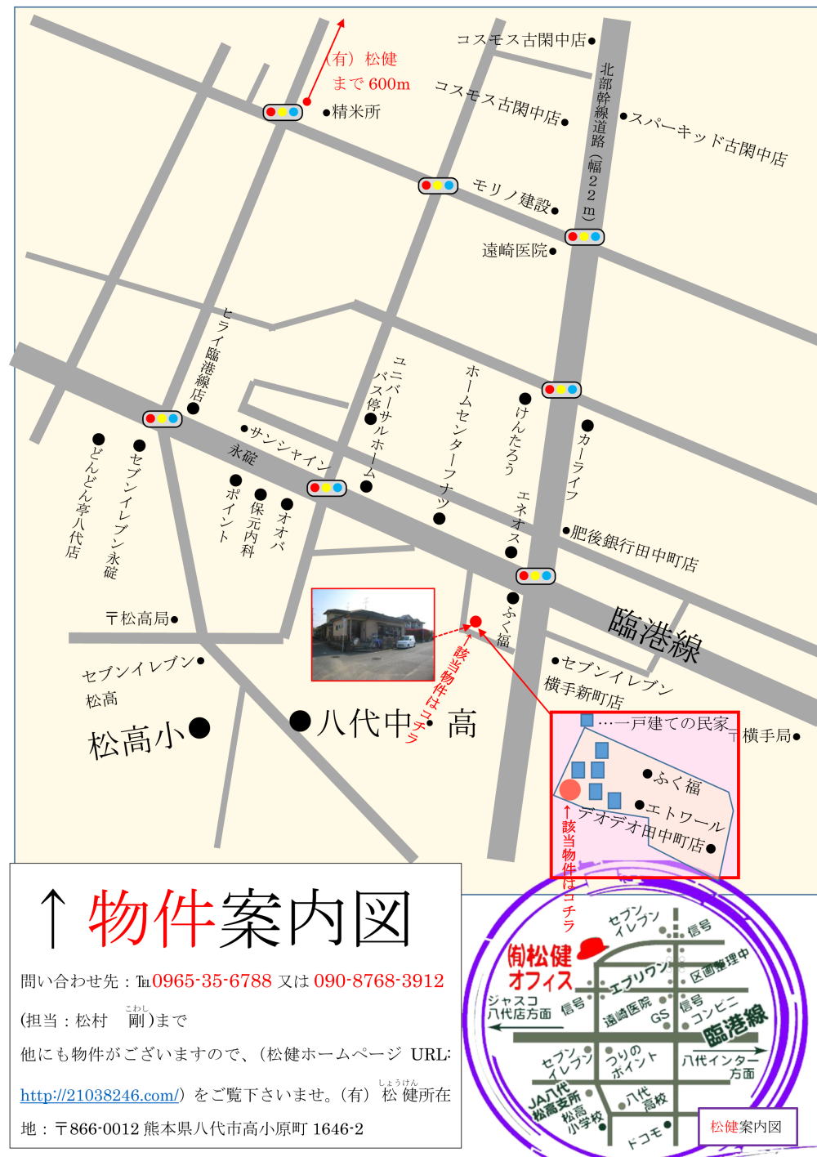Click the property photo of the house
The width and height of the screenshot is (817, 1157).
373,634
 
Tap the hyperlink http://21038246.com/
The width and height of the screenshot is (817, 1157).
100,1095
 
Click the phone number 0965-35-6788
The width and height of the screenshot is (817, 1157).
212,981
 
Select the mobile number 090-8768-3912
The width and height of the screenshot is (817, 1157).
378,981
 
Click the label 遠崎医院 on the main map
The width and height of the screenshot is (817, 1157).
515,250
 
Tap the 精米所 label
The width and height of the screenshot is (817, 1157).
356,112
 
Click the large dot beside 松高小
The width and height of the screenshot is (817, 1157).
199,727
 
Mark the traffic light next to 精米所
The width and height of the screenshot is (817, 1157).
283,112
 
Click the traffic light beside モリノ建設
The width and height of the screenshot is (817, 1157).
438,185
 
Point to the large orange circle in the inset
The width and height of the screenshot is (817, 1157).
570,789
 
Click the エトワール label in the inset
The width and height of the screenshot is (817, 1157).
685,814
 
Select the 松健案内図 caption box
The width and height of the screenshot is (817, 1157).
748,1127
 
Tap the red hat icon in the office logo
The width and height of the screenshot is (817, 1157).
592,949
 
